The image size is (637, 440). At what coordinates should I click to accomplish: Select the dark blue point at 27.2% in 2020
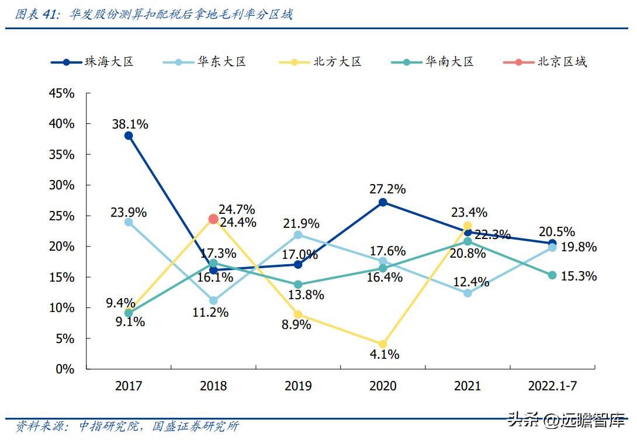(383, 202)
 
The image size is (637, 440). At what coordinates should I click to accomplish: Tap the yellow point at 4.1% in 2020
(383, 344)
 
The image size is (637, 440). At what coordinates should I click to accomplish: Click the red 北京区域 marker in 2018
(213, 219)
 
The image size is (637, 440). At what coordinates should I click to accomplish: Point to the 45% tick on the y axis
(61, 93)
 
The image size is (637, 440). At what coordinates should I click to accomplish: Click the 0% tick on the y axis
(64, 369)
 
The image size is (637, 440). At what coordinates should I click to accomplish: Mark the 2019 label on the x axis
(298, 386)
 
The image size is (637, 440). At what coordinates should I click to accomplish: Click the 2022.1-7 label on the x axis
(552, 386)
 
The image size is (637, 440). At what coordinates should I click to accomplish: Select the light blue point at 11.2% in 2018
(213, 301)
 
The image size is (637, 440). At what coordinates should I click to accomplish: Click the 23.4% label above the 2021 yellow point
(468, 213)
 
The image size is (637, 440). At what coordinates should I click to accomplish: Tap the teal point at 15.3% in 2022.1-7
(552, 275)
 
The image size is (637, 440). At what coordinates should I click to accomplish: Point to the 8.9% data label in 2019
(296, 325)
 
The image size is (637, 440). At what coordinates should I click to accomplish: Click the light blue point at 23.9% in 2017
(129, 222)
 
